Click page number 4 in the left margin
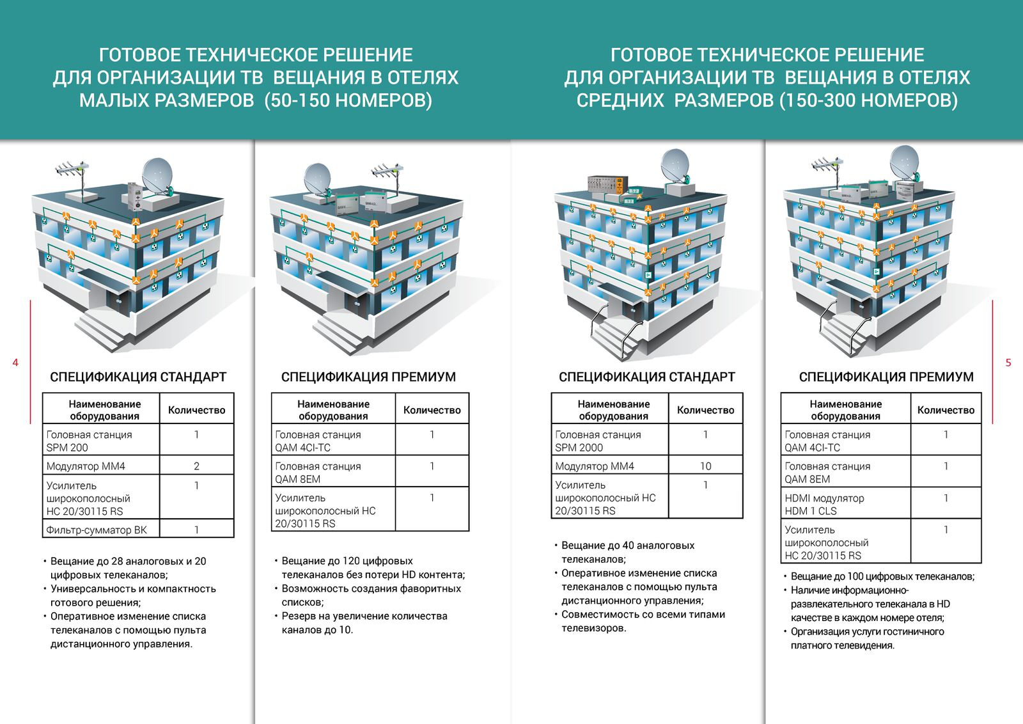[15, 363]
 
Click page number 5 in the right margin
[1008, 363]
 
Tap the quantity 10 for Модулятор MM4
[706, 466]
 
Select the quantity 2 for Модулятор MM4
[196, 466]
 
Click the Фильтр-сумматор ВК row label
[97, 530]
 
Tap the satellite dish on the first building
[158, 177]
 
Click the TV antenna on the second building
[388, 175]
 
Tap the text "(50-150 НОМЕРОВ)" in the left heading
[348, 100]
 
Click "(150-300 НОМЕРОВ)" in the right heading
[869, 100]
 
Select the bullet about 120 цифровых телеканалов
[370, 568]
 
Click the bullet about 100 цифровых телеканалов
[880, 576]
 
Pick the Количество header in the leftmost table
[196, 410]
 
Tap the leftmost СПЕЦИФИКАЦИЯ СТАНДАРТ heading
[138, 377]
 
